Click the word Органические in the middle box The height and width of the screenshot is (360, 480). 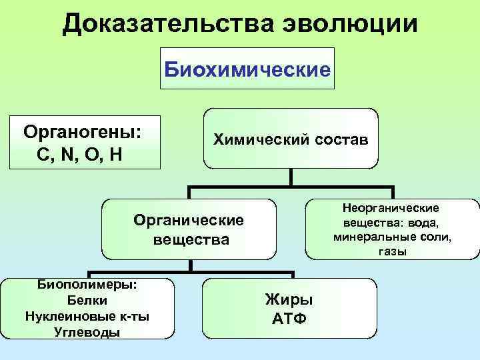(189, 219)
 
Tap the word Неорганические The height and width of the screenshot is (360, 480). (392, 209)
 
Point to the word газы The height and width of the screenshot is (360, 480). (392, 251)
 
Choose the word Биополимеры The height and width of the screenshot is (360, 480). (84, 285)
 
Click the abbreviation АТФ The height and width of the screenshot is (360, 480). (289, 317)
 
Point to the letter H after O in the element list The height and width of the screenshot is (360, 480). (115, 155)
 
